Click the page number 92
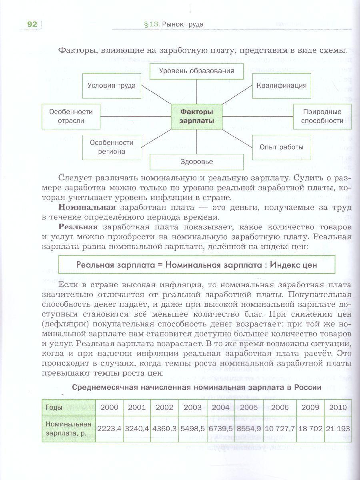(x=32, y=25)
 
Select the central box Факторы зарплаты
(x=196, y=116)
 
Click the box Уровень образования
(x=196, y=71)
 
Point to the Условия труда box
(x=111, y=86)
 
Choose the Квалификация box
(x=282, y=86)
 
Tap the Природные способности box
(x=322, y=116)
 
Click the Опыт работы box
(x=282, y=147)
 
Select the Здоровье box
(x=196, y=162)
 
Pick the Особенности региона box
(x=111, y=147)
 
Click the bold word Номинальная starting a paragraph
(x=87, y=208)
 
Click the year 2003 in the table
(x=192, y=407)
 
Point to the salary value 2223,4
(x=109, y=428)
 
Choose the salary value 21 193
(x=338, y=428)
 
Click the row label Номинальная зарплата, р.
(x=68, y=428)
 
